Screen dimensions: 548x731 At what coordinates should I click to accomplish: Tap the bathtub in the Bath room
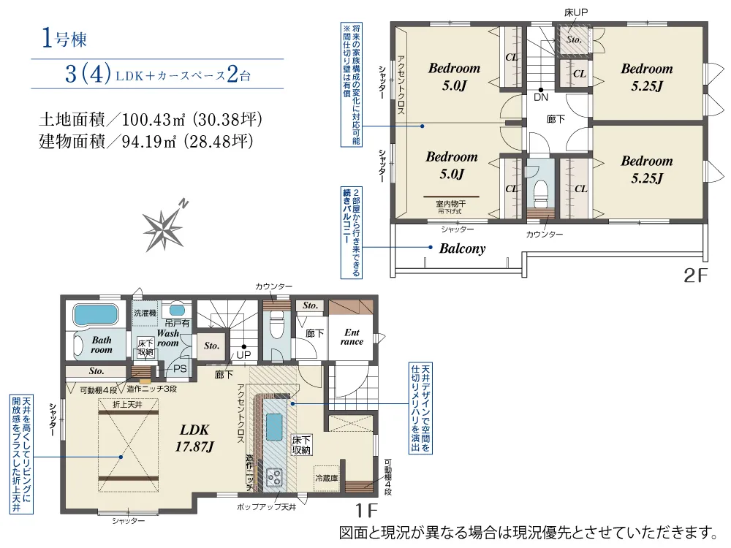[x=94, y=315]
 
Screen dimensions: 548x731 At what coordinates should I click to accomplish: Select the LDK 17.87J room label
[x=194, y=437]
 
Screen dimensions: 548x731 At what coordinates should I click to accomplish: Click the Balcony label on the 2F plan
[x=462, y=248]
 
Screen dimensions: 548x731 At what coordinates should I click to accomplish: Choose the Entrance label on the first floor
[x=352, y=337]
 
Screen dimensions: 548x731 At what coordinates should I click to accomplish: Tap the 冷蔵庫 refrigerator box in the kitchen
[x=327, y=479]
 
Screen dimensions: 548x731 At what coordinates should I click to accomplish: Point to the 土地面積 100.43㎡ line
[x=150, y=119]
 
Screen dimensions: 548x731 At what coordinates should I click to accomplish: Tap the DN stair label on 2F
[x=541, y=96]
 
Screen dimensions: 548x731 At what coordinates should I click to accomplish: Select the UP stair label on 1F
[x=243, y=356]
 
